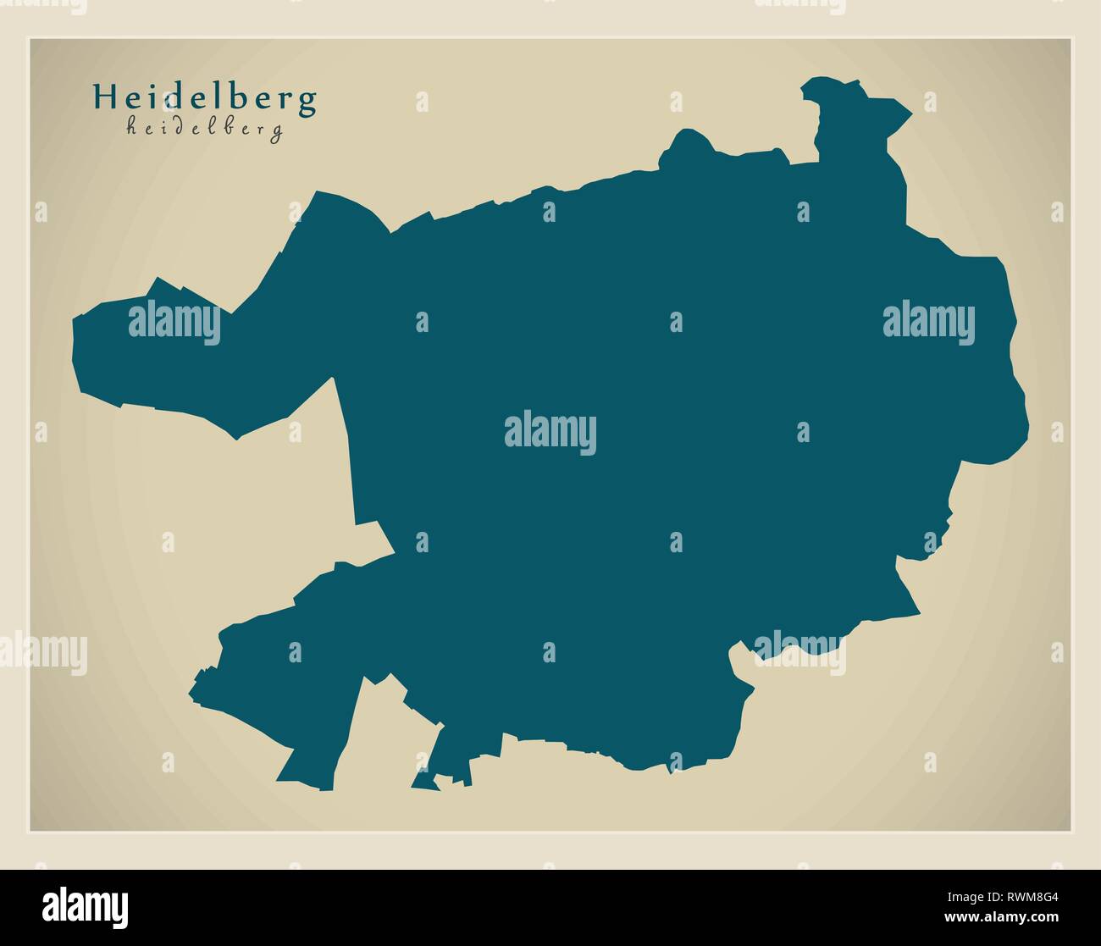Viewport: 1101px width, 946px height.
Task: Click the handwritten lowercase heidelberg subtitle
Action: coord(204,129)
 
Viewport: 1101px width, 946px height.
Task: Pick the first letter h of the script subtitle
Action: coord(131,127)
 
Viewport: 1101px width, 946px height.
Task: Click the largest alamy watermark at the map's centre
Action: coord(550,434)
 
